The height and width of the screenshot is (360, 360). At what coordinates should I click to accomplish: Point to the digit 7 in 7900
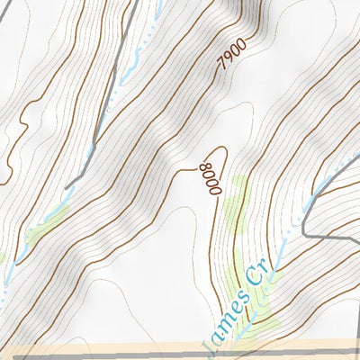coord(220,68)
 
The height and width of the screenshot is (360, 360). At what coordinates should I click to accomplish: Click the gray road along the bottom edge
coord(180,356)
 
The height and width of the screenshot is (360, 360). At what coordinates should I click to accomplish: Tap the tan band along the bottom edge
coord(135,347)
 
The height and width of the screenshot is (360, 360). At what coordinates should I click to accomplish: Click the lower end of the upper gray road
coord(67,186)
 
